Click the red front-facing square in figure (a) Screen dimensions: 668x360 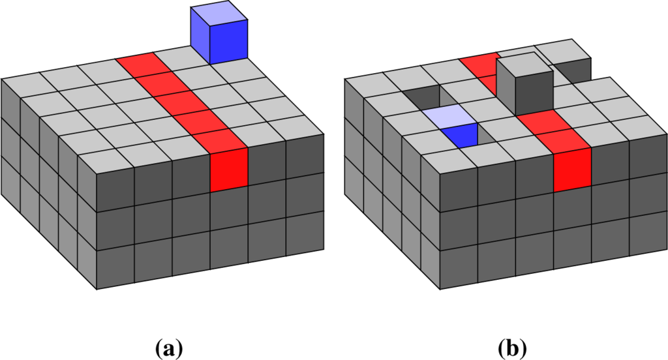coord(229,170)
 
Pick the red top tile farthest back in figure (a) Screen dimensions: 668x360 coord(138,64)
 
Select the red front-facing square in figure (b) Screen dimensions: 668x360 coord(572,170)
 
